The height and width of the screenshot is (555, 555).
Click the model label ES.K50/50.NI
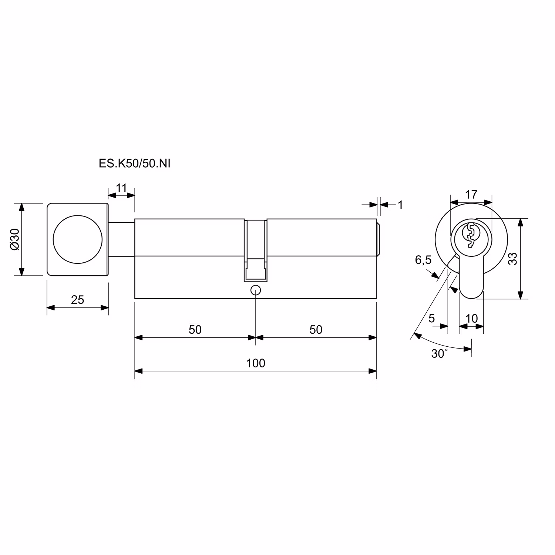135,164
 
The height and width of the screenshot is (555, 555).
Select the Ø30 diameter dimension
14,239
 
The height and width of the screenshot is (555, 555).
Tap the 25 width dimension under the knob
78,299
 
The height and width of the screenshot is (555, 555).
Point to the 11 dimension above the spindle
121,188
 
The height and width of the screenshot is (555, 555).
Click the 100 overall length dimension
256,363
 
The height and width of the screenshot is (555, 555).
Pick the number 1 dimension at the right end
400,205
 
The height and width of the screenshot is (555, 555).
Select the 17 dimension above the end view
471,194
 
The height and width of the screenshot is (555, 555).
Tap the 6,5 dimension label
423,260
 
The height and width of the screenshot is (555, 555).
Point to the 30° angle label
440,354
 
